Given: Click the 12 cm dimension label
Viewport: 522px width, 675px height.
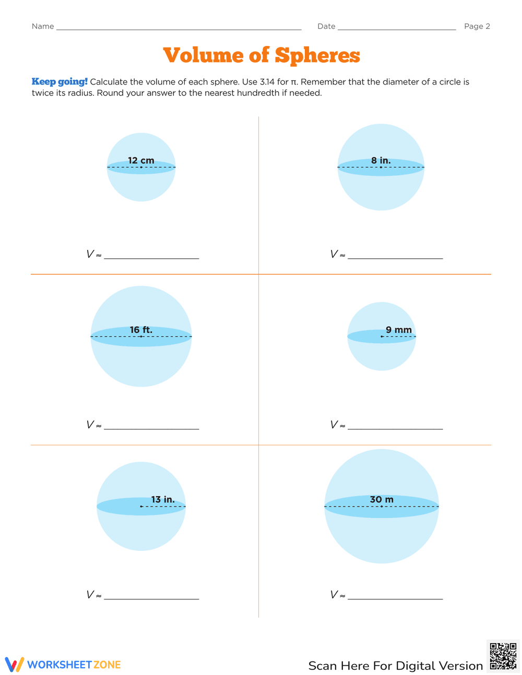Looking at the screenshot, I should [x=141, y=161].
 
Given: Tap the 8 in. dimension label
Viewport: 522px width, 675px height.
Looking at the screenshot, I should [x=381, y=161].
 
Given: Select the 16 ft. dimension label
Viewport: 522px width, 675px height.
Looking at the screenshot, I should [x=141, y=330].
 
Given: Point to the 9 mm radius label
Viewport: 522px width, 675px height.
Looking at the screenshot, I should [x=399, y=330].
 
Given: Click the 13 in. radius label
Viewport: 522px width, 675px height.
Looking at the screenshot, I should [x=163, y=500].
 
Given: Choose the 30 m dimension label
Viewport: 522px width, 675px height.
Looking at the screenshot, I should [x=382, y=500].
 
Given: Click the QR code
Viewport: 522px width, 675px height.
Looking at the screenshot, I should [x=503, y=656].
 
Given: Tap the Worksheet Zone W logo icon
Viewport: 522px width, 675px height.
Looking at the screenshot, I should [x=15, y=665].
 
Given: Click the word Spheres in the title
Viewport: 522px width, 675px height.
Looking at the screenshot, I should [x=317, y=55].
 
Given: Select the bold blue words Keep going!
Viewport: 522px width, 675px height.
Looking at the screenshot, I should [x=60, y=82].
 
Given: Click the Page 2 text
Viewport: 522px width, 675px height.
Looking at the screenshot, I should [x=477, y=27].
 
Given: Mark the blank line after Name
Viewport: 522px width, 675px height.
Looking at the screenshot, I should [x=179, y=29].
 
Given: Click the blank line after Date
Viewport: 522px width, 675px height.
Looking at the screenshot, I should [x=397, y=29].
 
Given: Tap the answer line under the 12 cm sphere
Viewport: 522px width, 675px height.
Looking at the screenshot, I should [x=151, y=257].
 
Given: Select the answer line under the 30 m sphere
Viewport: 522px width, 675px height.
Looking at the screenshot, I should [x=395, y=598].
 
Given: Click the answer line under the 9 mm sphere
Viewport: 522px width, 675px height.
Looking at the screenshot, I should [x=395, y=428].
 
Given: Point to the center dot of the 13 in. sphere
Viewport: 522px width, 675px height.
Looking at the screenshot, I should [x=141, y=507].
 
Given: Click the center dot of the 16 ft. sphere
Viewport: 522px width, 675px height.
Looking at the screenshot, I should [x=141, y=336].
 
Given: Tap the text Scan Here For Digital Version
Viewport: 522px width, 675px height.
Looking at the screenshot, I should [x=396, y=666].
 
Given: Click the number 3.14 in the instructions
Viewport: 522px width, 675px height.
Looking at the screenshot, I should [x=267, y=82].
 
